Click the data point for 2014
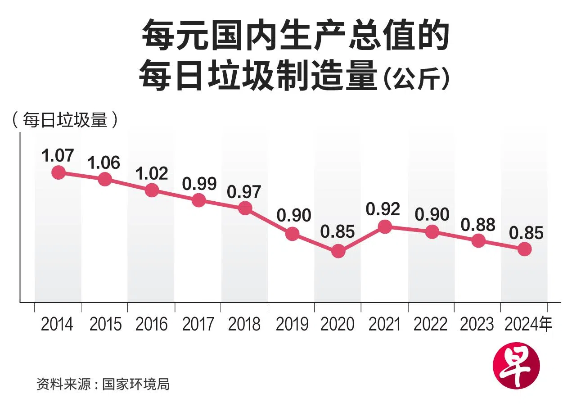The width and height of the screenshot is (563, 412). point(58,172)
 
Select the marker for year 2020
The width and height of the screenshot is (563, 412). point(338,251)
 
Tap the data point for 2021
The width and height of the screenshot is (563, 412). point(385,226)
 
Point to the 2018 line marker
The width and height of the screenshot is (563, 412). point(245,208)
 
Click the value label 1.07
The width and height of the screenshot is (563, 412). point(57,155)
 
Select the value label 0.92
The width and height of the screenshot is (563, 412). point(383,209)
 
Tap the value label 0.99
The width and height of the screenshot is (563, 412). point(199,183)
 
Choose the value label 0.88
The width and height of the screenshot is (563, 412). point(478,224)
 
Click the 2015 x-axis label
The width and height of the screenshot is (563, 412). point(105,324)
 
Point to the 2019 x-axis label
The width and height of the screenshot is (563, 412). point(292,324)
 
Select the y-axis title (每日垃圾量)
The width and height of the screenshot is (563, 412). point(66,120)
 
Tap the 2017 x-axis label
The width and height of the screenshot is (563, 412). point(198,324)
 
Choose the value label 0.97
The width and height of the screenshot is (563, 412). point(244,192)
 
